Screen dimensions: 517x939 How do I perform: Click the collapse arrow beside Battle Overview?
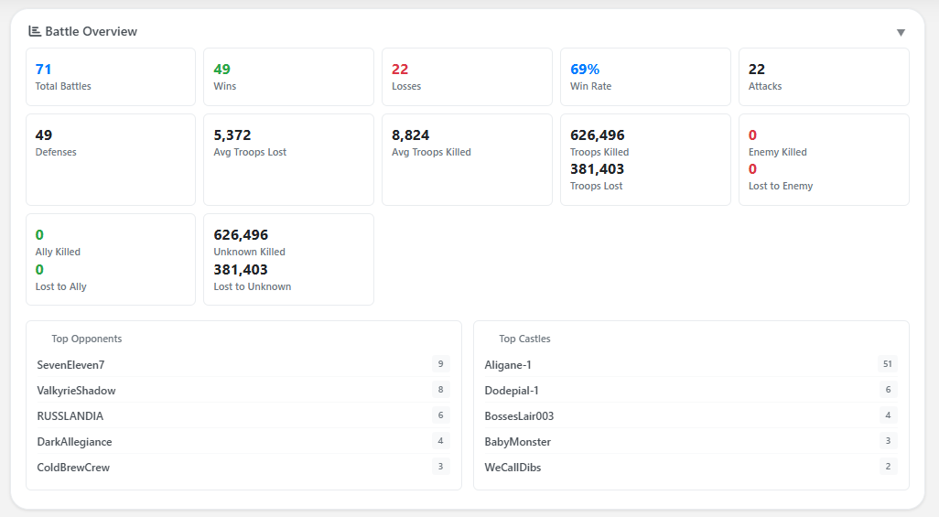click(x=901, y=33)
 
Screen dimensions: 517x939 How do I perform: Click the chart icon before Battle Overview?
click(x=35, y=31)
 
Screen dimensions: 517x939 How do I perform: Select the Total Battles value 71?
click(x=43, y=70)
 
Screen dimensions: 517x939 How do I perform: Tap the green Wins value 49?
click(x=221, y=70)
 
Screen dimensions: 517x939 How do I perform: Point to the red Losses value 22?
click(x=400, y=70)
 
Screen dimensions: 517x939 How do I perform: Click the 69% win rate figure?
click(x=585, y=70)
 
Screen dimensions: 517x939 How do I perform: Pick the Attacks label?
click(x=765, y=86)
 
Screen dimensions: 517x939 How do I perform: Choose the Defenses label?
click(x=56, y=152)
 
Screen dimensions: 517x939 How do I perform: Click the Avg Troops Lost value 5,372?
click(x=232, y=135)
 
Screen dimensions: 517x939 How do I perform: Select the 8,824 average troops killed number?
click(x=410, y=135)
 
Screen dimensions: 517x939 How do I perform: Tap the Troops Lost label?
click(x=596, y=186)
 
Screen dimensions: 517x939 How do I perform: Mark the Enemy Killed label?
click(x=777, y=152)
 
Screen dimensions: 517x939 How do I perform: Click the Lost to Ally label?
click(x=60, y=286)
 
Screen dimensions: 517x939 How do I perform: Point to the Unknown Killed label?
click(x=249, y=252)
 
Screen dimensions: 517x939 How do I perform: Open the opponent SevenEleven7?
click(x=70, y=365)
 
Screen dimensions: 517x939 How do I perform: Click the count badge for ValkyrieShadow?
click(x=440, y=390)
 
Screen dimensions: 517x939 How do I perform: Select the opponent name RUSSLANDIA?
click(x=70, y=416)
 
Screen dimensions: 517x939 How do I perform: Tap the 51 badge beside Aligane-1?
click(x=887, y=364)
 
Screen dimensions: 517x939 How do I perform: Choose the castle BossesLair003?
click(x=519, y=416)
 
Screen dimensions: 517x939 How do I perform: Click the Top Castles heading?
click(x=524, y=339)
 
